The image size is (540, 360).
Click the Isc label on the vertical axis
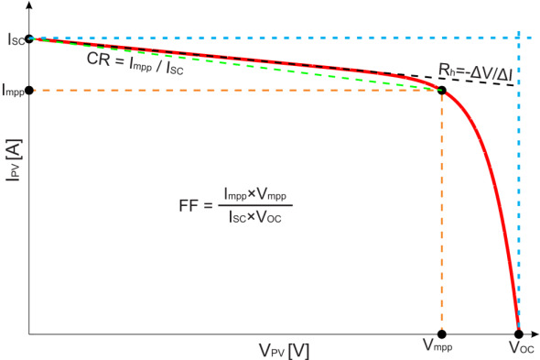(12, 39)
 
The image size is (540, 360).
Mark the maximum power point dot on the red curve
(442, 90)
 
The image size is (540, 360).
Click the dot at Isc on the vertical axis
(29, 39)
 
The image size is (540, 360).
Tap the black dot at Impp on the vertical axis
(29, 90)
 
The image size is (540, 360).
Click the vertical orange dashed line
(442, 211)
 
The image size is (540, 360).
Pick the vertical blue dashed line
(519, 183)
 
